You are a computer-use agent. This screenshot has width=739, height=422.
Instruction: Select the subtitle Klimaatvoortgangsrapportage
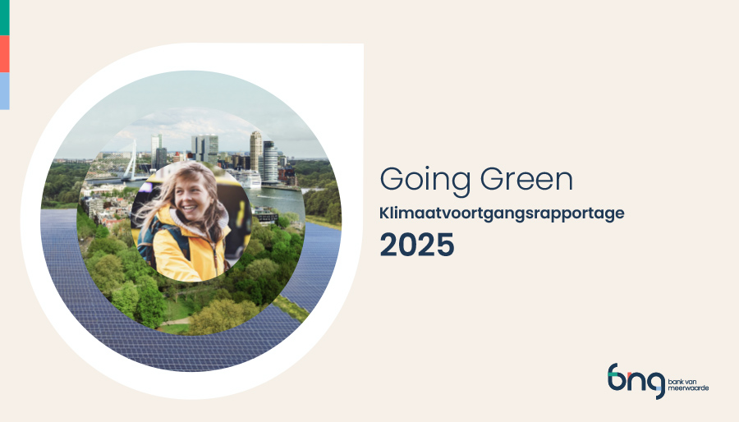pyautogui.click(x=502, y=213)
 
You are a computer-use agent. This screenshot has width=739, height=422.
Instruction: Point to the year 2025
pyautogui.click(x=416, y=245)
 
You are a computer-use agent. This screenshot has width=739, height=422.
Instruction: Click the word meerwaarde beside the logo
pyautogui.click(x=689, y=388)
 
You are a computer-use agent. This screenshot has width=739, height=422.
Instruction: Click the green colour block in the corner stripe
pyautogui.click(x=4, y=17)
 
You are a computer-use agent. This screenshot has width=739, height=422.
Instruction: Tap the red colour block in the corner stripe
pyautogui.click(x=4, y=53)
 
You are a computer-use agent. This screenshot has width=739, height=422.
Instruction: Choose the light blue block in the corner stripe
pyautogui.click(x=4, y=90)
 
